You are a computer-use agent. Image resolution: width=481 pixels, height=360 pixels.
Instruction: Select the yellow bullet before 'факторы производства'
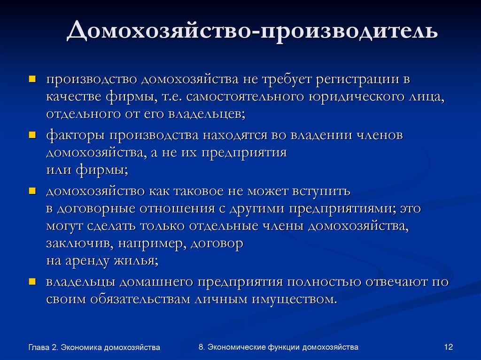(x=32, y=135)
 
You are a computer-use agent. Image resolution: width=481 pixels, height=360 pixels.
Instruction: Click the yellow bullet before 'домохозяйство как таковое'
(x=32, y=191)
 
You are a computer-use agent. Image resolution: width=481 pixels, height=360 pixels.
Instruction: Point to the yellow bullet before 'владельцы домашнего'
(x=32, y=281)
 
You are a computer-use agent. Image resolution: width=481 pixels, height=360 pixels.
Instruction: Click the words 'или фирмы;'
(x=87, y=169)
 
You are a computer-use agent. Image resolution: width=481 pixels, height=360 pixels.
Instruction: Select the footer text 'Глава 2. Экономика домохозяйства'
(x=94, y=347)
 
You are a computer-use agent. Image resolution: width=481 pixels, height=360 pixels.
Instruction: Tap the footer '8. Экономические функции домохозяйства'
(x=279, y=347)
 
